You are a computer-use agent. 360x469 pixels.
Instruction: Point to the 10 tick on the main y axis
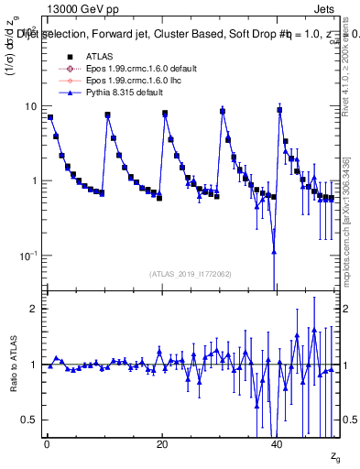point(30,106)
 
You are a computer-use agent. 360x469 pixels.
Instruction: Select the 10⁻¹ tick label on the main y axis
point(28,255)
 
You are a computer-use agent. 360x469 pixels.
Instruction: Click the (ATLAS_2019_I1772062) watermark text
point(191,274)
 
